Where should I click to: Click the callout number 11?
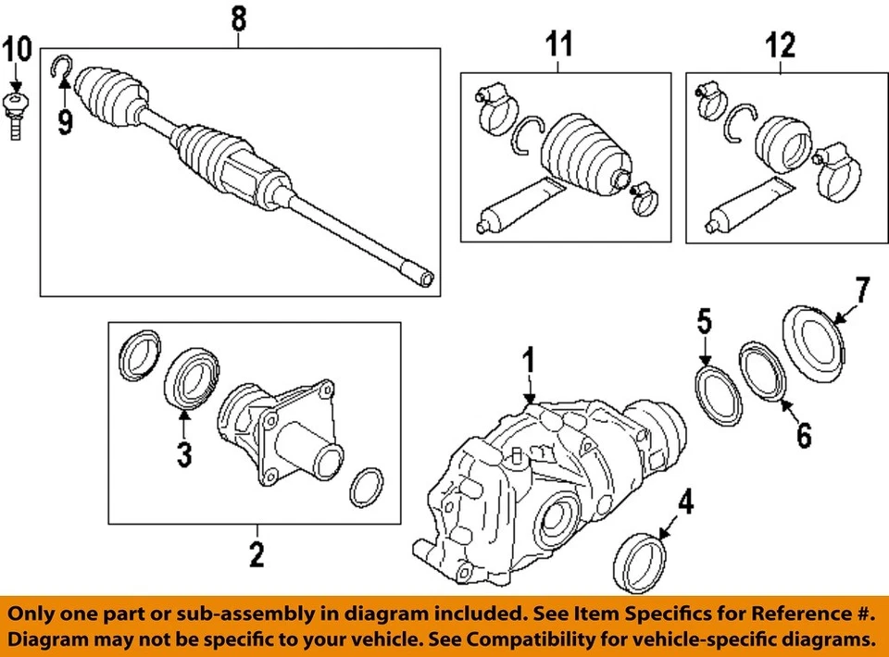559,43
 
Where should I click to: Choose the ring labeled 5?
719,396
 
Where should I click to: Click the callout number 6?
803,432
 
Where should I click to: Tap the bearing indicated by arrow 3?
193,378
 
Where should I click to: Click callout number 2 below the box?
256,554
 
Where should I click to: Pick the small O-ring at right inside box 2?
368,487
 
